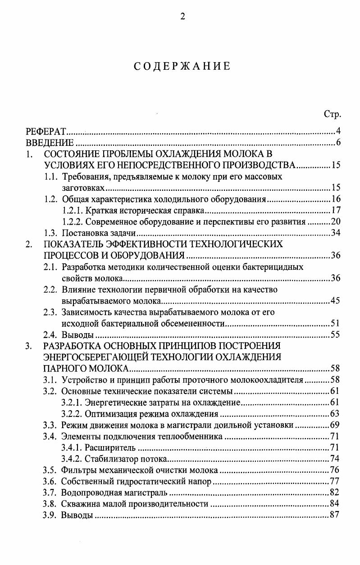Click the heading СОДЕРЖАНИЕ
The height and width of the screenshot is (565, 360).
182,66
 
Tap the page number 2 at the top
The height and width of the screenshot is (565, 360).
182,17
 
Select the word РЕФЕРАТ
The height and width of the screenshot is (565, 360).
46,132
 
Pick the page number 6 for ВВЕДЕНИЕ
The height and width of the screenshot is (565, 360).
338,144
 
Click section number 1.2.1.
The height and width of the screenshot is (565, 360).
72,210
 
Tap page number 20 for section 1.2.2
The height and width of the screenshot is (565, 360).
335,221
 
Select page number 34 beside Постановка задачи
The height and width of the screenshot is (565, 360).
335,233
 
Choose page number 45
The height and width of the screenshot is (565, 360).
335,301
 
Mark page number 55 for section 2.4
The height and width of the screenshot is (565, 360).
335,334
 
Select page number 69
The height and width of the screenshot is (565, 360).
335,425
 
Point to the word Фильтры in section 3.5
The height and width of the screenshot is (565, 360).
77,470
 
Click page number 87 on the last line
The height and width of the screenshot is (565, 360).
334,515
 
